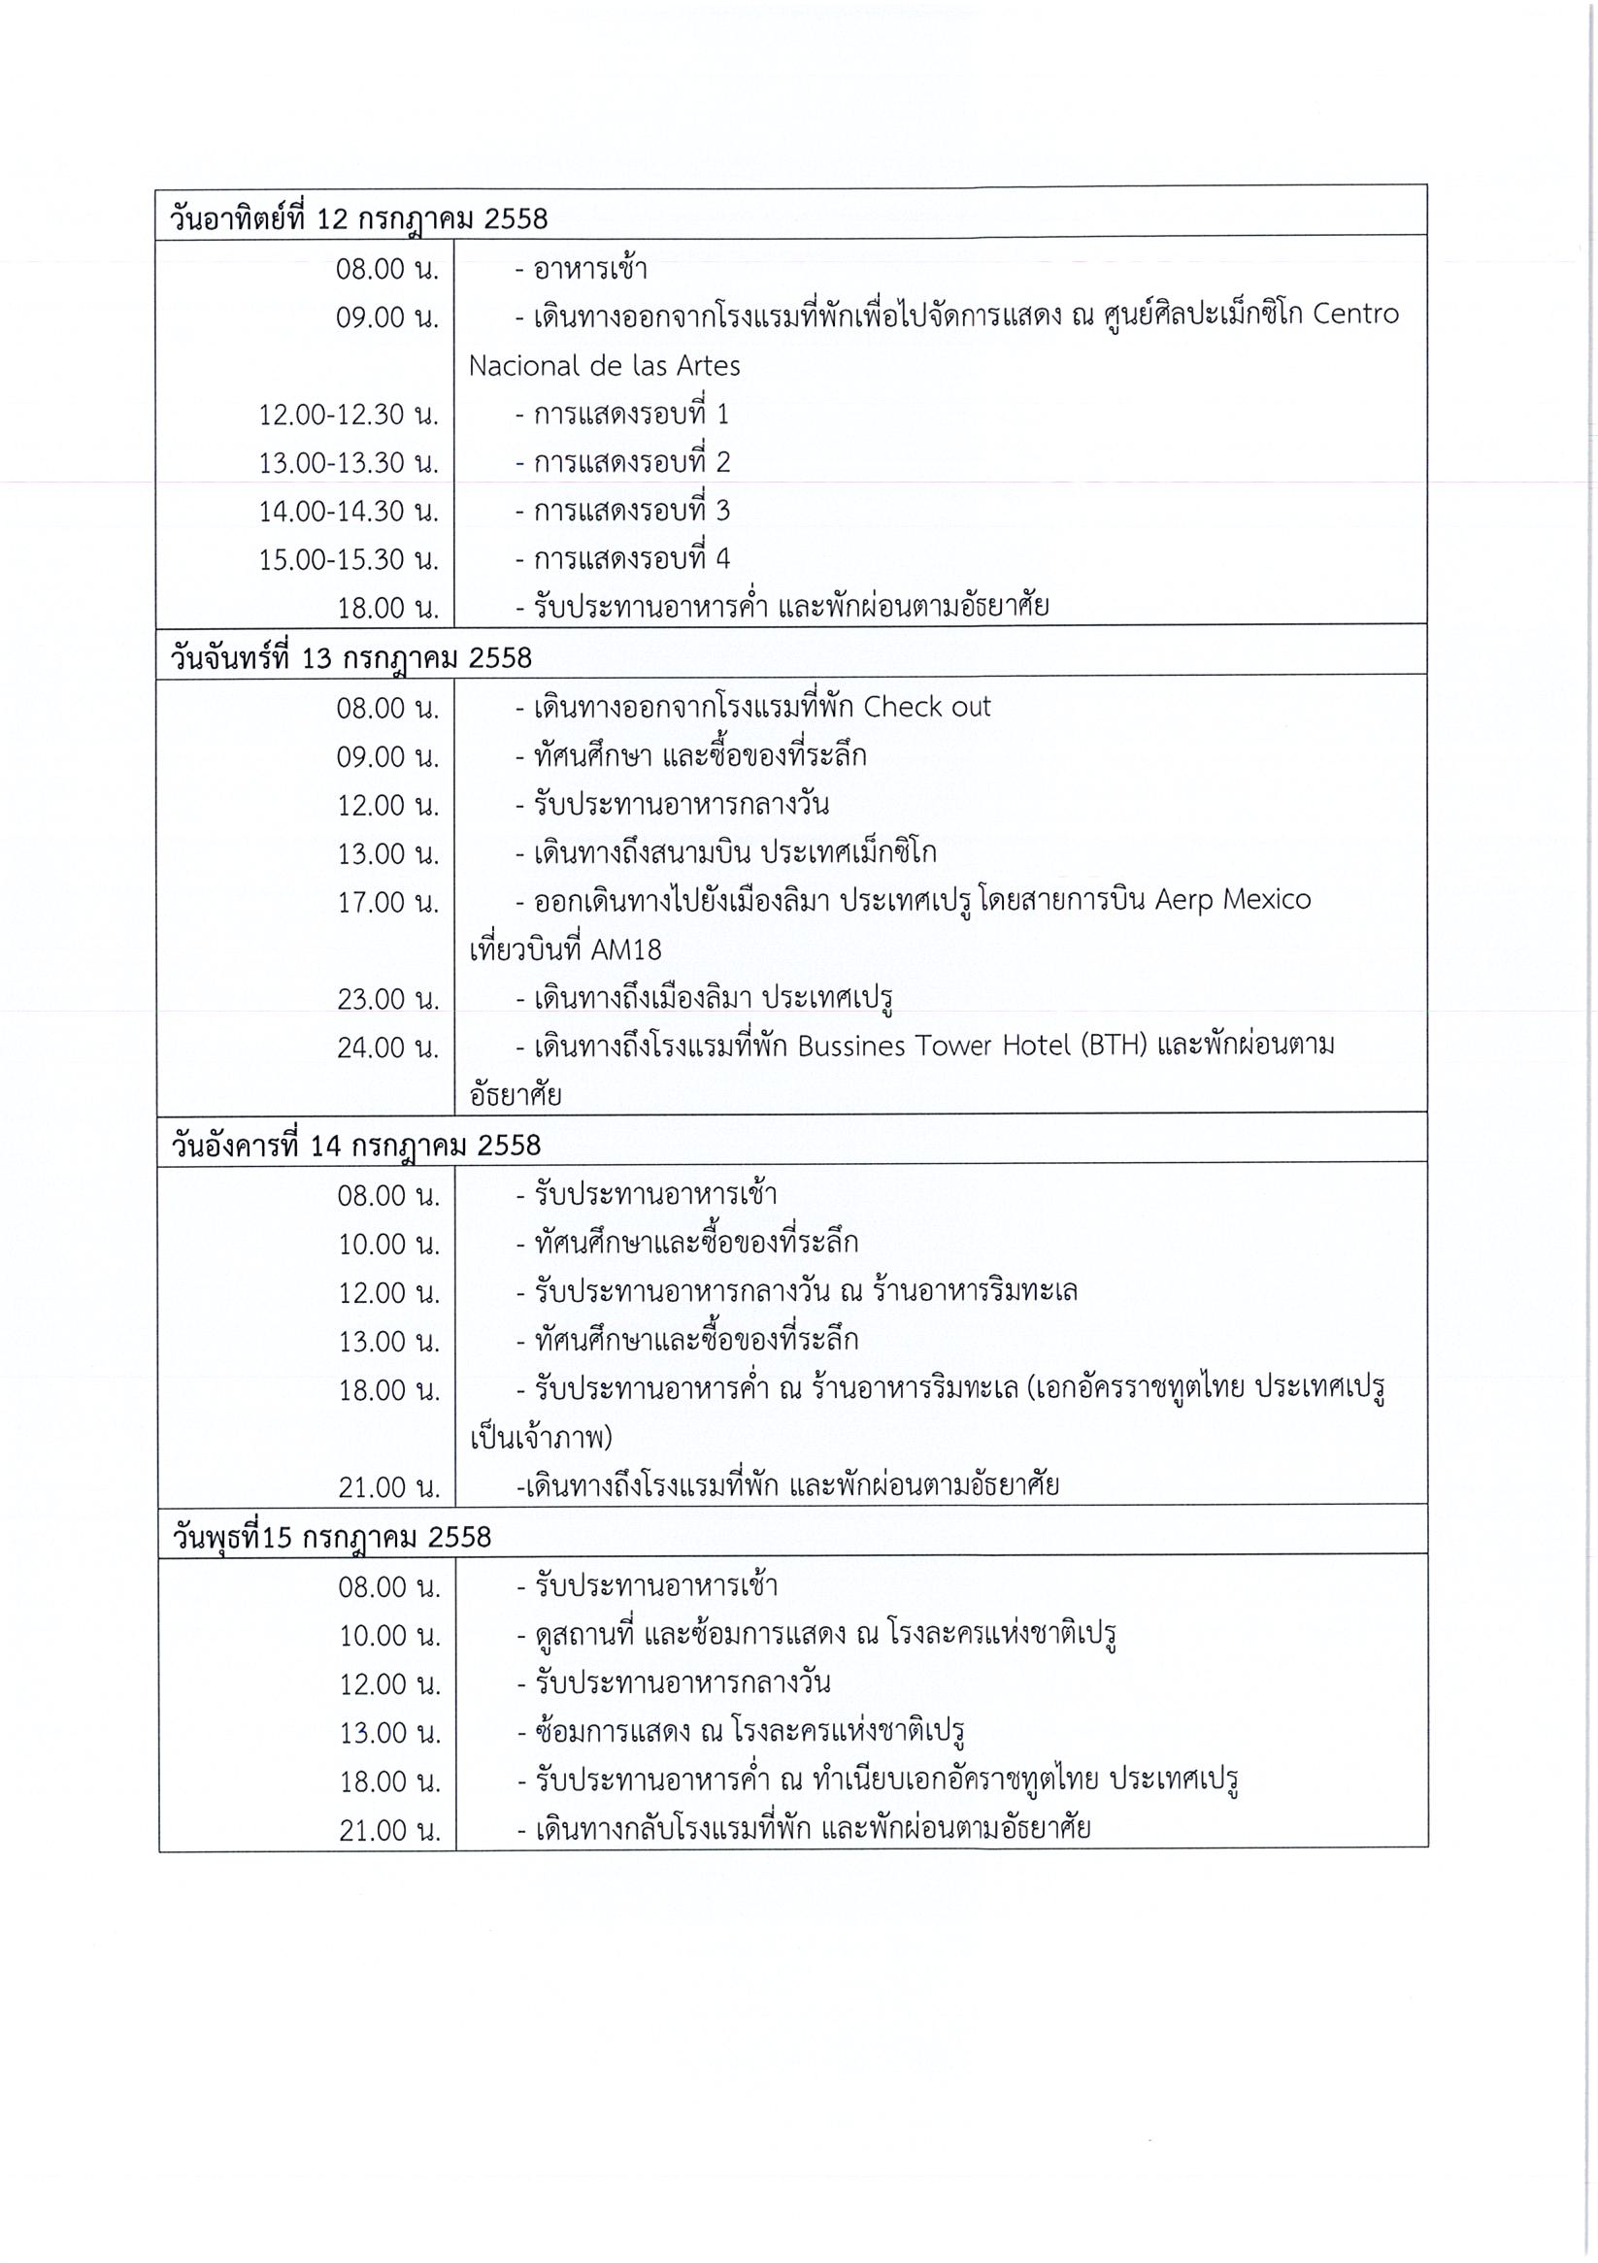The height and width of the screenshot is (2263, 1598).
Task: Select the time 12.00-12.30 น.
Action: pos(348,415)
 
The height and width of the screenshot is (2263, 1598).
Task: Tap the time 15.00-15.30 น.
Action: pos(348,560)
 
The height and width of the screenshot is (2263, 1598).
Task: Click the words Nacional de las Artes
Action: pos(603,366)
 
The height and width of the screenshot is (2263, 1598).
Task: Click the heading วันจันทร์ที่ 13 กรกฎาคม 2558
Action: pos(350,657)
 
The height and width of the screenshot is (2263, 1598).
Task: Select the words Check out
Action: pos(926,707)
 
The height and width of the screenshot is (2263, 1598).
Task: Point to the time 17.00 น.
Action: pos(387,902)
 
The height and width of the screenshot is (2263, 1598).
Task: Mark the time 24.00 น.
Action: pos(387,1048)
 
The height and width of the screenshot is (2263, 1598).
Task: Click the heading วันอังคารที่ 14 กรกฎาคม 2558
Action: pos(356,1146)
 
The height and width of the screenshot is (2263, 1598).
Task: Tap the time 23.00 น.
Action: pos(387,999)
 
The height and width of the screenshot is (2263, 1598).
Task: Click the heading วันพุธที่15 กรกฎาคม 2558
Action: pos(331,1538)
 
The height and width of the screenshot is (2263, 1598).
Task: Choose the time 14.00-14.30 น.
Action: pos(348,512)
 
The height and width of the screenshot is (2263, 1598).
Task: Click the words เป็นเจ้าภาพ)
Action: pos(541,1438)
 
